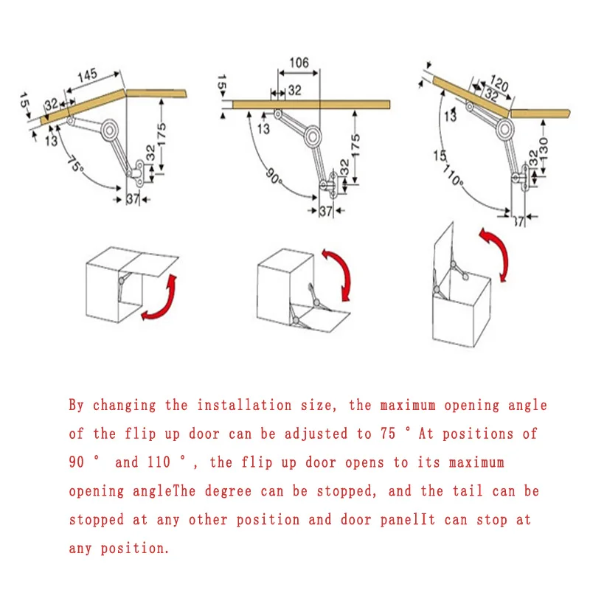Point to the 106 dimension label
[x=299, y=63]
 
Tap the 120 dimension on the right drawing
[x=499, y=86]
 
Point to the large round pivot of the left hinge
[x=110, y=131]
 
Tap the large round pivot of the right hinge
[x=504, y=131]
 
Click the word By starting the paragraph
[x=77, y=405]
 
